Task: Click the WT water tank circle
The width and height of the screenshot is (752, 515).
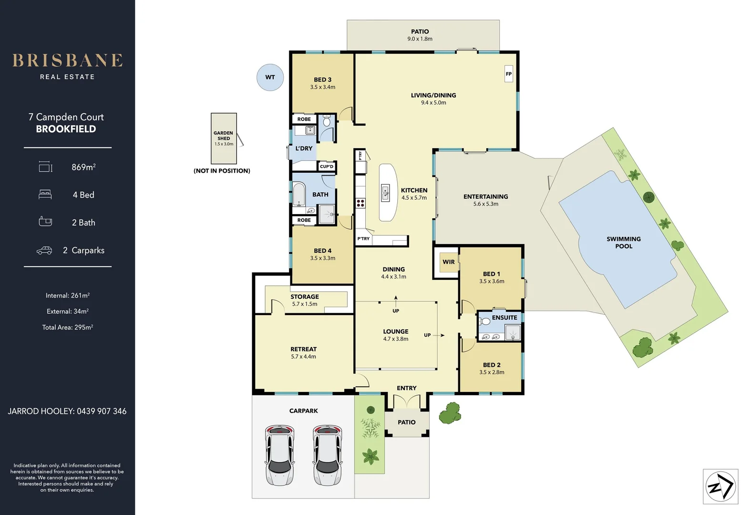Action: (x=270, y=77)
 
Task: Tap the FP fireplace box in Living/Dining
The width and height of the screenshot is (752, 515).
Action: (x=509, y=74)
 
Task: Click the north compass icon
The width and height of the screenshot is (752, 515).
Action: (x=721, y=486)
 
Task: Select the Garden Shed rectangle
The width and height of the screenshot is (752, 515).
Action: (x=224, y=138)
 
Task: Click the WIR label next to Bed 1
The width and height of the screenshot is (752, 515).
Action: (x=449, y=262)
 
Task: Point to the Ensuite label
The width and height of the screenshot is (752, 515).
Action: (x=505, y=318)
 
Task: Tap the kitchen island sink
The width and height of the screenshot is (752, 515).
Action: (x=385, y=193)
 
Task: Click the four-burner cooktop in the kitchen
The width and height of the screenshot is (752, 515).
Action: (x=361, y=203)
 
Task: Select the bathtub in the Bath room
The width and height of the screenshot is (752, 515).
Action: (x=299, y=194)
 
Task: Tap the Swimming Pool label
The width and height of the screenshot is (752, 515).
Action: (x=624, y=242)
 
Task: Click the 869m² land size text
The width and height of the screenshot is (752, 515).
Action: (x=83, y=167)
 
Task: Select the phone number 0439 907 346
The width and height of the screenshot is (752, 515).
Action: (x=102, y=411)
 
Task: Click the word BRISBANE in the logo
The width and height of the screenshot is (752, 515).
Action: (x=68, y=61)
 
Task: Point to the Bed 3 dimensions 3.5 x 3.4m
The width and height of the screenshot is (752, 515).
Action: (x=323, y=87)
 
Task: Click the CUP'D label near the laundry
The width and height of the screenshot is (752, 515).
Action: (x=327, y=166)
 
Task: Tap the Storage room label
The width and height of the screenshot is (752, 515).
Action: (x=305, y=297)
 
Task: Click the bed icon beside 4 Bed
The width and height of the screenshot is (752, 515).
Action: (x=45, y=195)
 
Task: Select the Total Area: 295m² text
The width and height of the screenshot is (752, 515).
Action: (x=68, y=327)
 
